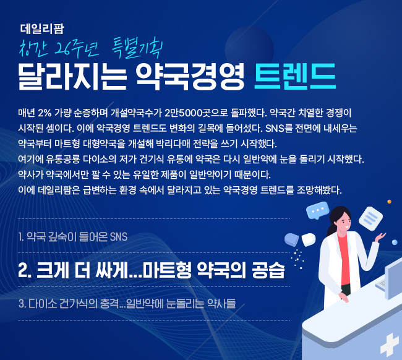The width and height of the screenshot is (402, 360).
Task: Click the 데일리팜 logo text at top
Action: click(x=42, y=28)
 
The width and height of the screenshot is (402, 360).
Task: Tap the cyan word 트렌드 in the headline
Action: click(x=295, y=76)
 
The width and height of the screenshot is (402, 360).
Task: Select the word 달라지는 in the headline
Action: click(x=72, y=76)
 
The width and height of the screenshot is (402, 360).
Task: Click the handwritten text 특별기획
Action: click(x=137, y=48)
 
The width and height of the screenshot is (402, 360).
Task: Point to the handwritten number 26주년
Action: click(x=77, y=48)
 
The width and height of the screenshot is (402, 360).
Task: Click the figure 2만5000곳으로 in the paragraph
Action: click(x=196, y=113)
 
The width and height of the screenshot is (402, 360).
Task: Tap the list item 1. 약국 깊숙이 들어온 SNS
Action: click(x=73, y=236)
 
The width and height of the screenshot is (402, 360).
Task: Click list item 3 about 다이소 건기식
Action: click(x=127, y=304)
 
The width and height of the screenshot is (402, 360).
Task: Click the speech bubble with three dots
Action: click(x=318, y=210)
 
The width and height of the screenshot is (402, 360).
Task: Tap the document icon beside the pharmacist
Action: click(x=370, y=218)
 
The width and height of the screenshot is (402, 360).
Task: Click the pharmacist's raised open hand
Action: click(x=380, y=237)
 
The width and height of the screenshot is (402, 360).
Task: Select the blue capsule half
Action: click(x=291, y=239)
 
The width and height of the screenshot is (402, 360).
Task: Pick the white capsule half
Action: click(x=309, y=239)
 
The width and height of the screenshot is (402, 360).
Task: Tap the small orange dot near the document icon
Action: click(x=389, y=202)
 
